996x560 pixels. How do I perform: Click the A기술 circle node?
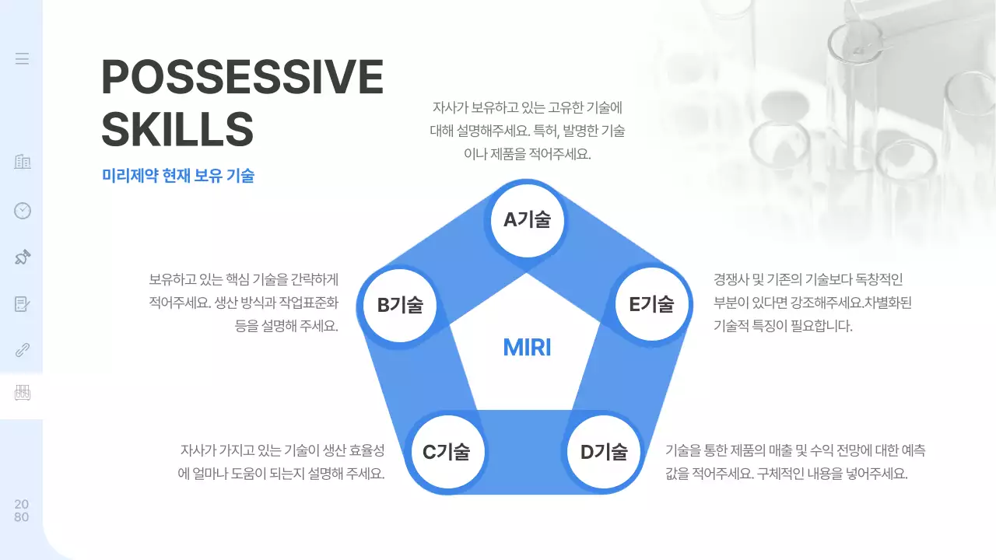tap(527, 220)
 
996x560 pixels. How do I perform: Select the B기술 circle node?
tap(400, 305)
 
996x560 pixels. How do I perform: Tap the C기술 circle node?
tap(447, 451)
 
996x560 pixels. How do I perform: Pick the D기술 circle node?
tap(604, 451)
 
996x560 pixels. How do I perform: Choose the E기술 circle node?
tap(651, 304)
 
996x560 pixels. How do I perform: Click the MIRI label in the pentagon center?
tap(527, 348)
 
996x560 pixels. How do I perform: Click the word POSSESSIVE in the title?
tap(242, 77)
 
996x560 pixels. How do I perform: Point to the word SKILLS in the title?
tap(177, 129)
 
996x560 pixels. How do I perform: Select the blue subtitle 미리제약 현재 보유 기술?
tap(178, 177)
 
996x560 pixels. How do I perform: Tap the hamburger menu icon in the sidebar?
tap(22, 58)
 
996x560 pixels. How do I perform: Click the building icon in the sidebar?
tap(23, 162)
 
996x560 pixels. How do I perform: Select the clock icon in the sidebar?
tap(23, 210)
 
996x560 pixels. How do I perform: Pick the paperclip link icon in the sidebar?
tap(23, 349)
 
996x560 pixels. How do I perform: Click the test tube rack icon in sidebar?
tap(23, 393)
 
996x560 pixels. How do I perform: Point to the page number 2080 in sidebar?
tap(22, 511)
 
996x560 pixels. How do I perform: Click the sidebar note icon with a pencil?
tap(23, 303)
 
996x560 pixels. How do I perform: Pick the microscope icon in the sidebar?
tap(23, 257)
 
